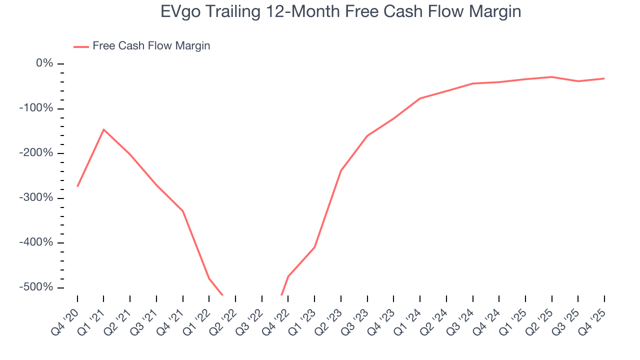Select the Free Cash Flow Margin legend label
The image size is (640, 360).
coord(151,46)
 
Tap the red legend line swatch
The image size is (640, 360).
coord(81,46)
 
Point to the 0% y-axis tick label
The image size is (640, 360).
coord(44,63)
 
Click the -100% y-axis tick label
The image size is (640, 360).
coord(36,108)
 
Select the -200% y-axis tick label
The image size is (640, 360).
coord(36,153)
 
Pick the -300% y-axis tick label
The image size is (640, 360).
coord(36,198)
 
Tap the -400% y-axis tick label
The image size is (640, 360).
coord(36,242)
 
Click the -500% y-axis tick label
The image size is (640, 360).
coord(36,287)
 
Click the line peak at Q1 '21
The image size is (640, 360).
coord(103,129)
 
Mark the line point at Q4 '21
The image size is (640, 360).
coord(183,211)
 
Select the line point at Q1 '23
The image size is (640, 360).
coord(314,247)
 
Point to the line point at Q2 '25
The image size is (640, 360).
coord(551,77)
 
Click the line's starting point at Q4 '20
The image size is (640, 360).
coord(77,186)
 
